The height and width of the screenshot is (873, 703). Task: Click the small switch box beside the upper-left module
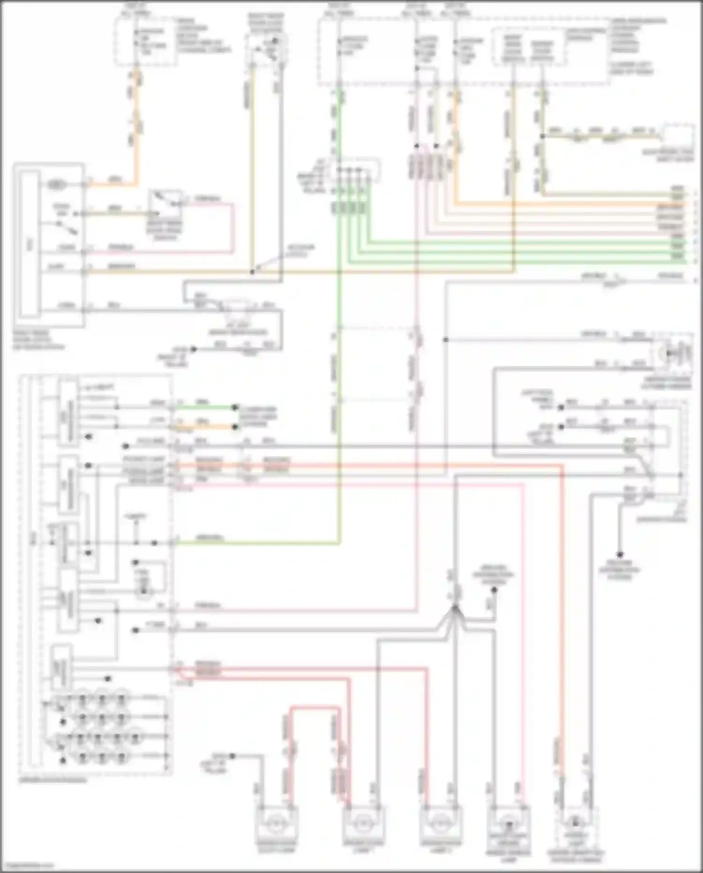pyautogui.click(x=165, y=205)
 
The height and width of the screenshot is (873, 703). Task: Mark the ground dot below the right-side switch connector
pyautogui.click(x=619, y=554)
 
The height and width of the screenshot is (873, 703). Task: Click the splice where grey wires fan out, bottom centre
pyautogui.click(x=454, y=608)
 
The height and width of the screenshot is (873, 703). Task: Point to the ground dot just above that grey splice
pyautogui.click(x=494, y=590)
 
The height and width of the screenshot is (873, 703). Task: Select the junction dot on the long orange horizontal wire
pyautogui.click(x=253, y=272)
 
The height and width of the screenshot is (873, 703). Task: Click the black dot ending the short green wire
pyautogui.click(x=236, y=408)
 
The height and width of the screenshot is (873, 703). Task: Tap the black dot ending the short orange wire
pyautogui.click(x=236, y=426)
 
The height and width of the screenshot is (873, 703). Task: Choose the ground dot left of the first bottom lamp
pyautogui.click(x=232, y=756)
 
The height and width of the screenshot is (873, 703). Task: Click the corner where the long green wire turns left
pyautogui.click(x=339, y=543)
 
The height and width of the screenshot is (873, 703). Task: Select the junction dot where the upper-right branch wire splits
pyautogui.click(x=542, y=137)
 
